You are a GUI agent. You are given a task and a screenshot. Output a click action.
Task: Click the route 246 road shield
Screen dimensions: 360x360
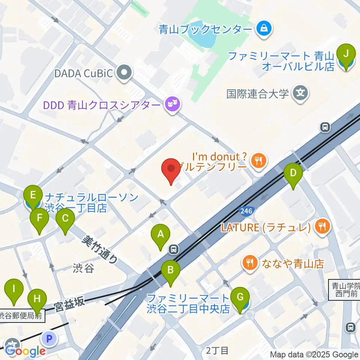tap(246, 211)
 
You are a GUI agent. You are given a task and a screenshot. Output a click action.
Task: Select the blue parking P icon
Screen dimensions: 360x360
tap(49, 339)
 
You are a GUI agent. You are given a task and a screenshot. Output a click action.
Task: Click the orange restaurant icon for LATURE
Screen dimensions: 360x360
tap(322, 227)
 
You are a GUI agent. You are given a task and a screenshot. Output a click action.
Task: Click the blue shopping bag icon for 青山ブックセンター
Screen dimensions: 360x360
tap(264, 28)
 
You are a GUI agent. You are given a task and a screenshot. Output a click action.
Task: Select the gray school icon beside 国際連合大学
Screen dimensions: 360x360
tap(301, 93)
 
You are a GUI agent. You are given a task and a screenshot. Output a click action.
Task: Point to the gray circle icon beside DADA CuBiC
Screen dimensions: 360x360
tap(124, 73)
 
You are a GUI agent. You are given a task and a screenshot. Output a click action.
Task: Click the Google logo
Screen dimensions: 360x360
tap(25, 351)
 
